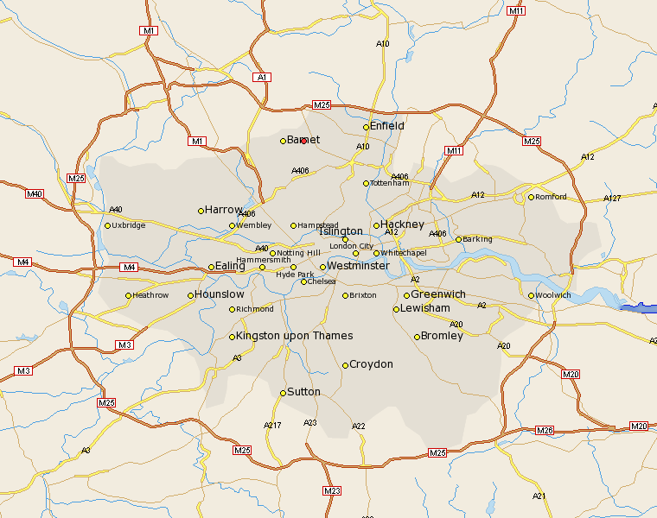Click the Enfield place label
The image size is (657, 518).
[x=387, y=126]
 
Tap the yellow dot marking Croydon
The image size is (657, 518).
[x=345, y=365]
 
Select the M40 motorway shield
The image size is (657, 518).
[x=35, y=193]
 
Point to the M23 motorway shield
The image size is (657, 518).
[x=332, y=490]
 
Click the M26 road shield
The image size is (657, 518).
[x=544, y=430]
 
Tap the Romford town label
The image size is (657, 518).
[x=551, y=197]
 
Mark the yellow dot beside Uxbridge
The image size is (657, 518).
[x=107, y=226]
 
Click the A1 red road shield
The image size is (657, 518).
[x=263, y=78]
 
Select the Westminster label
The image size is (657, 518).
[x=358, y=266]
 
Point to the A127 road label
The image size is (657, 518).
[x=612, y=199]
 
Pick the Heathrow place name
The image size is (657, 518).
[x=151, y=295]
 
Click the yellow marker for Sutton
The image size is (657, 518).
[x=283, y=393]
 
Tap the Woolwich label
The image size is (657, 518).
[x=553, y=295]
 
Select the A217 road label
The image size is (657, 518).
[x=272, y=425]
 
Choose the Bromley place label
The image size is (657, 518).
[x=442, y=336]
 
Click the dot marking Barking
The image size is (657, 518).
[x=458, y=239]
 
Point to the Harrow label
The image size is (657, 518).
[x=224, y=210]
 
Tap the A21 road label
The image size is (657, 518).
[x=539, y=496]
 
